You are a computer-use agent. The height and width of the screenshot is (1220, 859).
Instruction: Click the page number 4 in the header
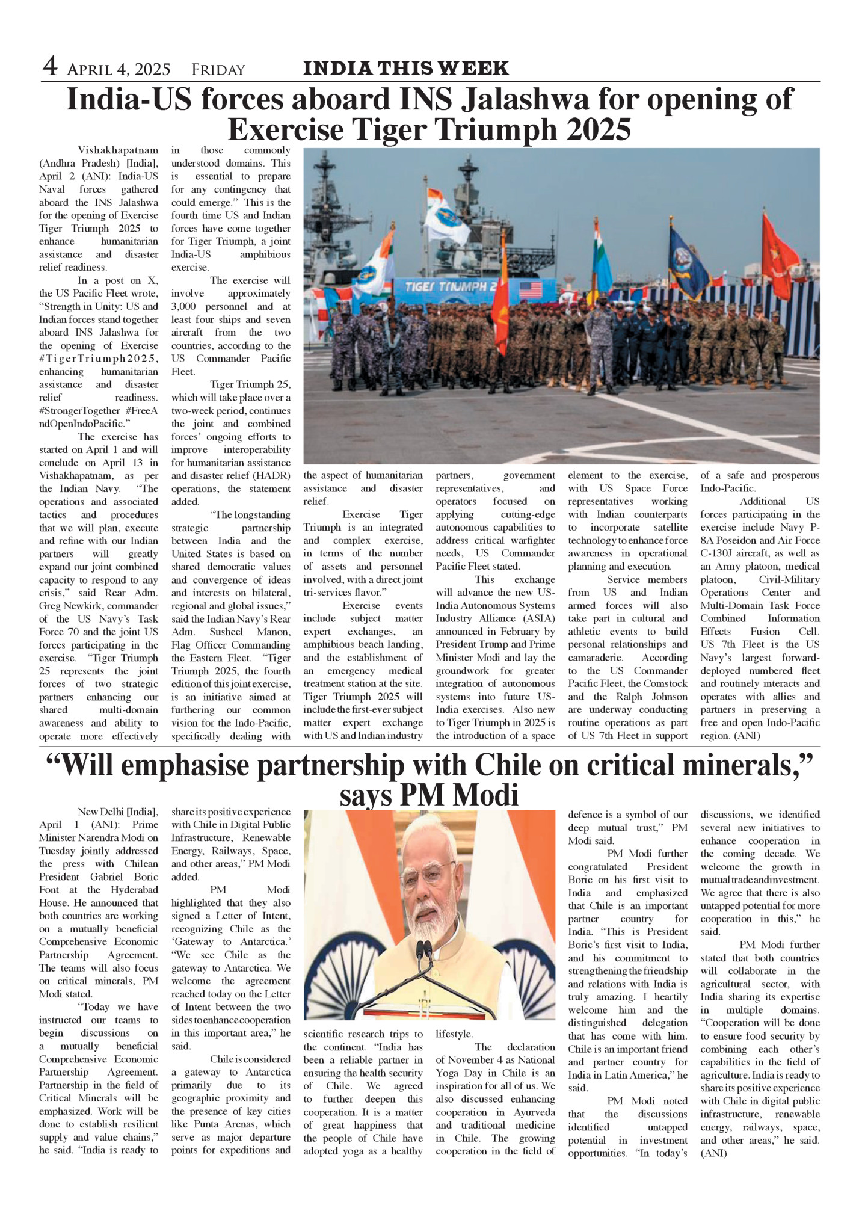(49, 67)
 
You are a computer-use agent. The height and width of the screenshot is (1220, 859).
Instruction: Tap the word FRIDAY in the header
(218, 70)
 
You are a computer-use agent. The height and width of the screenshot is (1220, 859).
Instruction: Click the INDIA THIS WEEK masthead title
(406, 68)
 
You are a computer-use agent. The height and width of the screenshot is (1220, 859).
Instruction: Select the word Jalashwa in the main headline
(525, 100)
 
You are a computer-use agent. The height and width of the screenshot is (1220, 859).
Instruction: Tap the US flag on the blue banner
(530, 290)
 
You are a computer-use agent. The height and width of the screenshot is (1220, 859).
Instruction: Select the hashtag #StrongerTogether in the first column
(80, 411)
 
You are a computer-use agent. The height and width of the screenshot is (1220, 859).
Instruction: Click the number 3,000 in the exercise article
(186, 306)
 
